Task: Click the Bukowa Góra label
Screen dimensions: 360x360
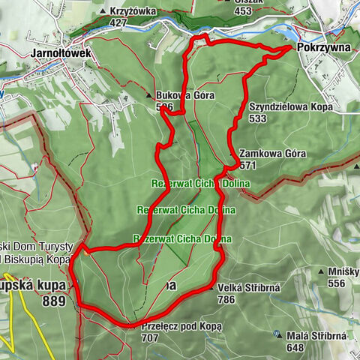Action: (185, 96)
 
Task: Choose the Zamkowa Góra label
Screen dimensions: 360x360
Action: (273, 154)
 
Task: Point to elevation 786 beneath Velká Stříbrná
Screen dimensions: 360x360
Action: (226, 298)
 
